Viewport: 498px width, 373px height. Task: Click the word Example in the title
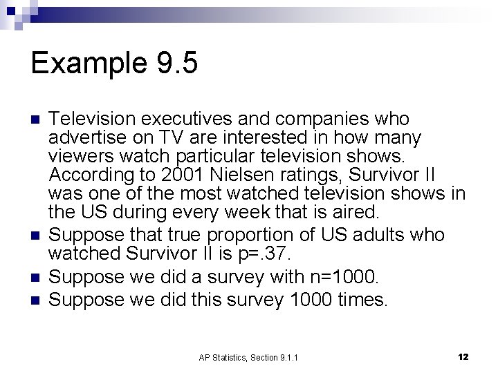coord(85,64)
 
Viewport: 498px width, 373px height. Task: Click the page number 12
coord(463,357)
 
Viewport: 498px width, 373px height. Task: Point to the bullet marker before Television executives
coord(37,119)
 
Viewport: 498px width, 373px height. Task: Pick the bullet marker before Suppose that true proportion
coord(37,235)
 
